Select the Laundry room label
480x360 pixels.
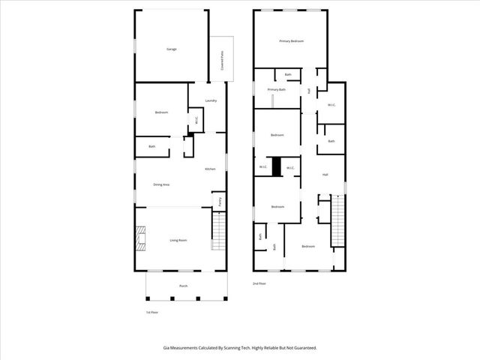pyautogui.click(x=211, y=100)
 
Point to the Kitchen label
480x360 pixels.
pyautogui.click(x=211, y=169)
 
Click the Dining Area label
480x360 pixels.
pyautogui.click(x=161, y=184)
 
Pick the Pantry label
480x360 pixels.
pyautogui.click(x=220, y=201)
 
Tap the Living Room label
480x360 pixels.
pyautogui.click(x=178, y=240)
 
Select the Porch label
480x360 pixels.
pyautogui.click(x=183, y=286)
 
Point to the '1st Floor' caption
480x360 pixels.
pyautogui.click(x=151, y=312)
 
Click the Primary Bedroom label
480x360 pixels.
pyautogui.click(x=291, y=41)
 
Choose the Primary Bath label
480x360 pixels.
pyautogui.click(x=277, y=89)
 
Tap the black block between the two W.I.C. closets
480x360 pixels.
pyautogui.click(x=276, y=166)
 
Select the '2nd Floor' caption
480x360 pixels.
pyautogui.click(x=259, y=283)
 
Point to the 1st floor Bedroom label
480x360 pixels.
pyautogui.click(x=161, y=112)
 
